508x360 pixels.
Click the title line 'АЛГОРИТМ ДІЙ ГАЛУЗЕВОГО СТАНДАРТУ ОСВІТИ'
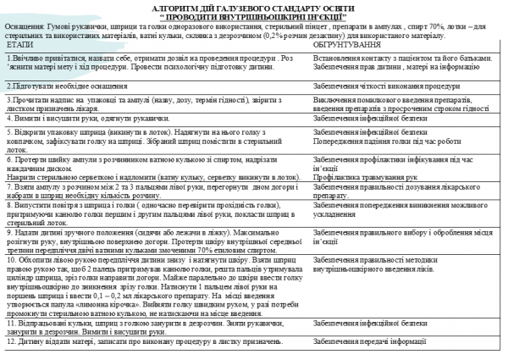click(255, 7)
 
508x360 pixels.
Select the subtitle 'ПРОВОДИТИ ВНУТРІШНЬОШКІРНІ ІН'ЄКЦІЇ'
click(254, 16)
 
